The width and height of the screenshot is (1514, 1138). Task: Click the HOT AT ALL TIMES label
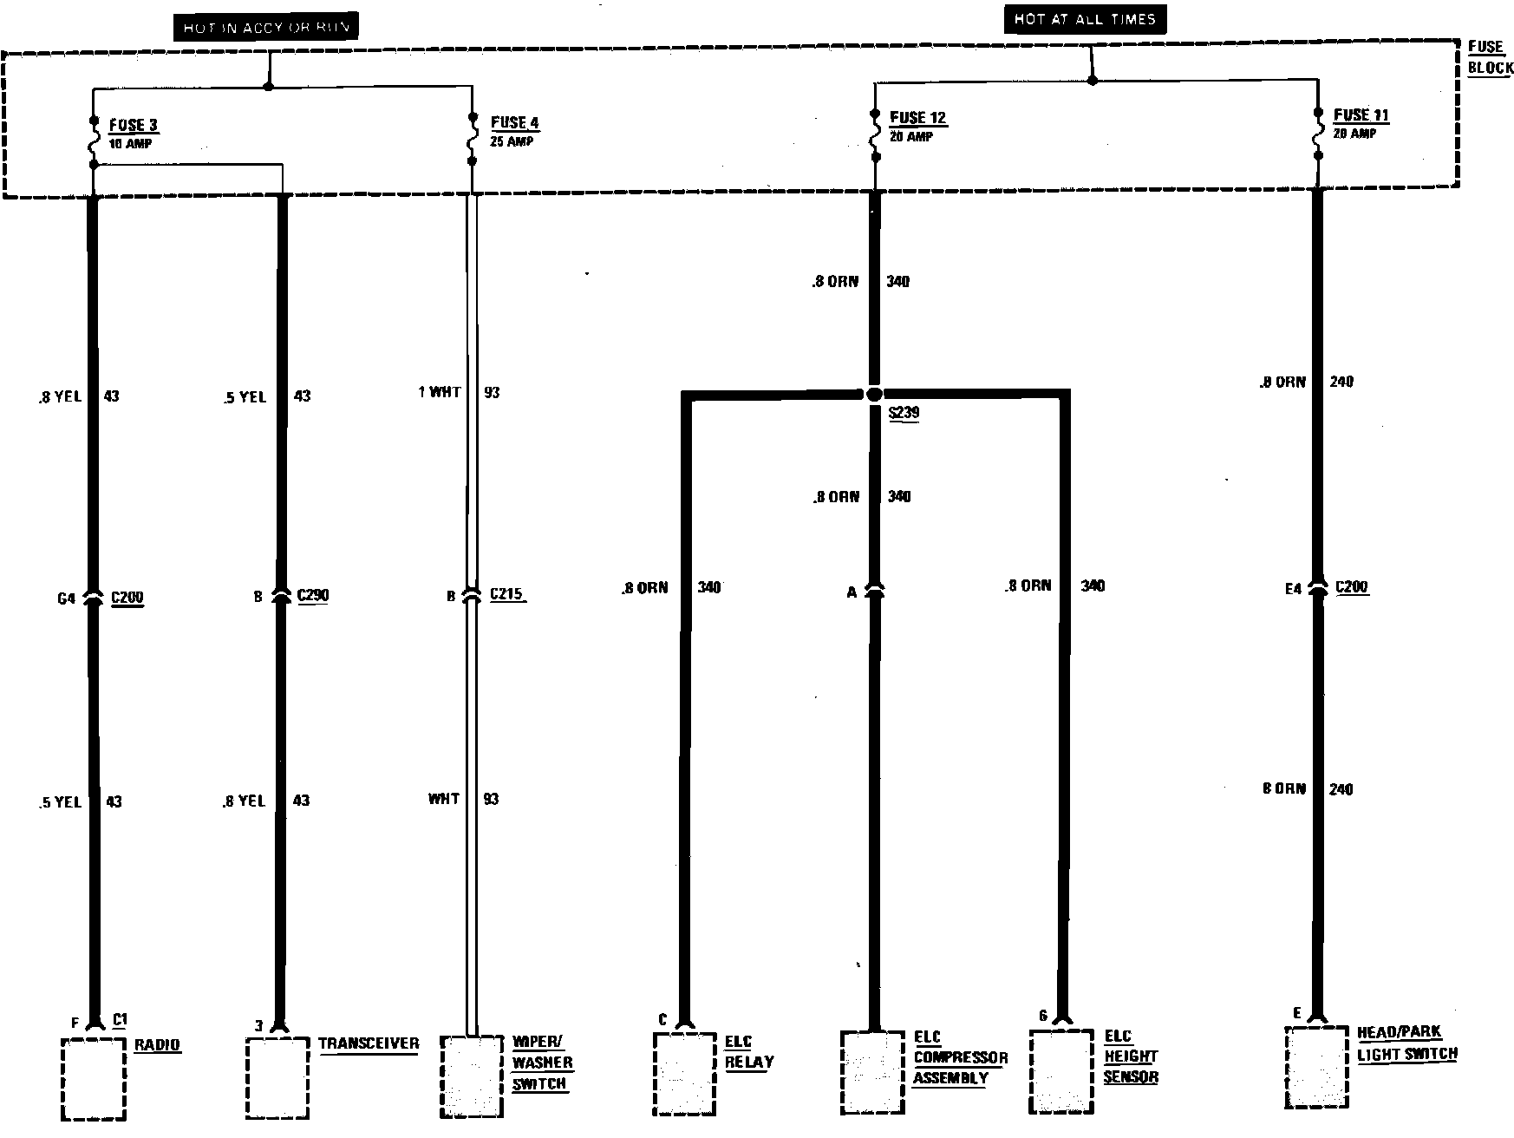point(1084,19)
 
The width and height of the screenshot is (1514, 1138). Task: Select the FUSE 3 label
point(133,126)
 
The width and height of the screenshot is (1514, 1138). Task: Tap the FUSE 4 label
point(514,123)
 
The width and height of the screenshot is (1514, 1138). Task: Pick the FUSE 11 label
point(1361,115)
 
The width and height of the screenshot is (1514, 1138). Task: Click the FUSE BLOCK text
point(1490,57)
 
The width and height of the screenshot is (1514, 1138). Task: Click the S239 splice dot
point(874,395)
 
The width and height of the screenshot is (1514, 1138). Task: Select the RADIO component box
point(94,1078)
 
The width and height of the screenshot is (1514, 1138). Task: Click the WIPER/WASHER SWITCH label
point(542,1063)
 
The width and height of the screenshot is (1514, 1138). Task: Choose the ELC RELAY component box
point(684,1073)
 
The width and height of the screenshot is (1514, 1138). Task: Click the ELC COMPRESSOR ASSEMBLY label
point(960,1057)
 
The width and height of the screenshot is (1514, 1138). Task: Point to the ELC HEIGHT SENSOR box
point(1060,1071)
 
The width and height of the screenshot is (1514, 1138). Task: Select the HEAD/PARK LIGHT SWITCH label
point(1406,1043)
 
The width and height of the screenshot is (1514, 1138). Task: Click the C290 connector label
point(312,596)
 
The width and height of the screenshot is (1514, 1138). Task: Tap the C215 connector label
point(506,595)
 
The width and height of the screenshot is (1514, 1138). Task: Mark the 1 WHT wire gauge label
point(440,392)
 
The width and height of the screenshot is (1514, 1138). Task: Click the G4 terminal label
point(66,598)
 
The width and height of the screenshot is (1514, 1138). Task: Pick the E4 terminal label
point(1292,589)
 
